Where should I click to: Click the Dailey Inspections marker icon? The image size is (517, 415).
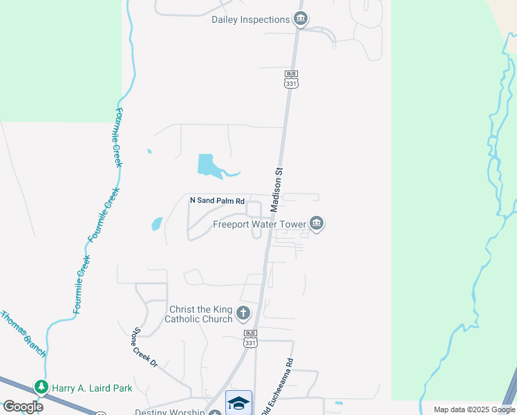(x=300, y=19)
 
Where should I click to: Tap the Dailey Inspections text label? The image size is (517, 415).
(x=250, y=19)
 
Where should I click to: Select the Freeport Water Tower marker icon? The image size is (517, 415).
(x=317, y=223)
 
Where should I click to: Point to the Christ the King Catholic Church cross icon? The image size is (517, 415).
(x=243, y=313)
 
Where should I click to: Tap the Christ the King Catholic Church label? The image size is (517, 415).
(x=198, y=314)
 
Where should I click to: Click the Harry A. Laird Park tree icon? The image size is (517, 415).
(x=42, y=388)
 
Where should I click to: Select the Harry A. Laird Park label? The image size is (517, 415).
(x=91, y=389)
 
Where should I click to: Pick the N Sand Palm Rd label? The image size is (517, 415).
(x=218, y=201)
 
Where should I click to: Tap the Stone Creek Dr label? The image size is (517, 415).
(x=145, y=347)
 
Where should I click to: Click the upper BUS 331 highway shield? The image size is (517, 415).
(x=290, y=78)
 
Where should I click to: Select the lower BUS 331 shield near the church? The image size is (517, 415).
(x=250, y=338)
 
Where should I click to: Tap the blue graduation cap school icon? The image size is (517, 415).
(x=238, y=403)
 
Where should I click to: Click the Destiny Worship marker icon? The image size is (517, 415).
(x=215, y=413)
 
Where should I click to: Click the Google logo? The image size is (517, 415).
(x=23, y=407)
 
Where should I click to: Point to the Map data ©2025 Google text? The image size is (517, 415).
(x=473, y=409)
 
